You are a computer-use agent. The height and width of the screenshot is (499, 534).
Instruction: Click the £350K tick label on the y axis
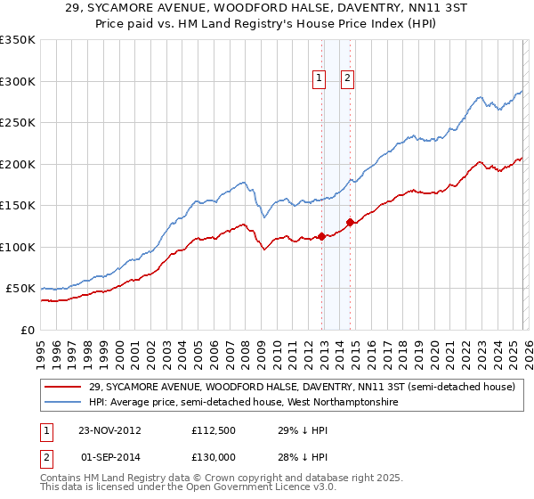17,40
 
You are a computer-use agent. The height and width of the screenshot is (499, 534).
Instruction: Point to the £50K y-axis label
20,289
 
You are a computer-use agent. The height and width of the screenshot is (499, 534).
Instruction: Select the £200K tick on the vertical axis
17,164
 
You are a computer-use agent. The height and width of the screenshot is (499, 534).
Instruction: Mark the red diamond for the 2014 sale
350,222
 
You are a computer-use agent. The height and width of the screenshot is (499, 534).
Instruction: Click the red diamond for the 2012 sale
321,236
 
